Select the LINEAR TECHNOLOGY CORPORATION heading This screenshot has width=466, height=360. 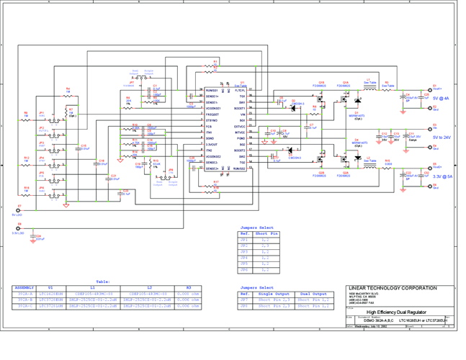coord(393,288)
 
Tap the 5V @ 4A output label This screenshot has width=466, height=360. coord(440,99)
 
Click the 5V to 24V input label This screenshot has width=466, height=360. coord(442,137)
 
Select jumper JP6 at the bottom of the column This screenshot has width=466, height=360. coord(42,191)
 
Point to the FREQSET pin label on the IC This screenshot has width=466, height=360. coord(212,114)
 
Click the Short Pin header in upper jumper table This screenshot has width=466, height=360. coord(266,233)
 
